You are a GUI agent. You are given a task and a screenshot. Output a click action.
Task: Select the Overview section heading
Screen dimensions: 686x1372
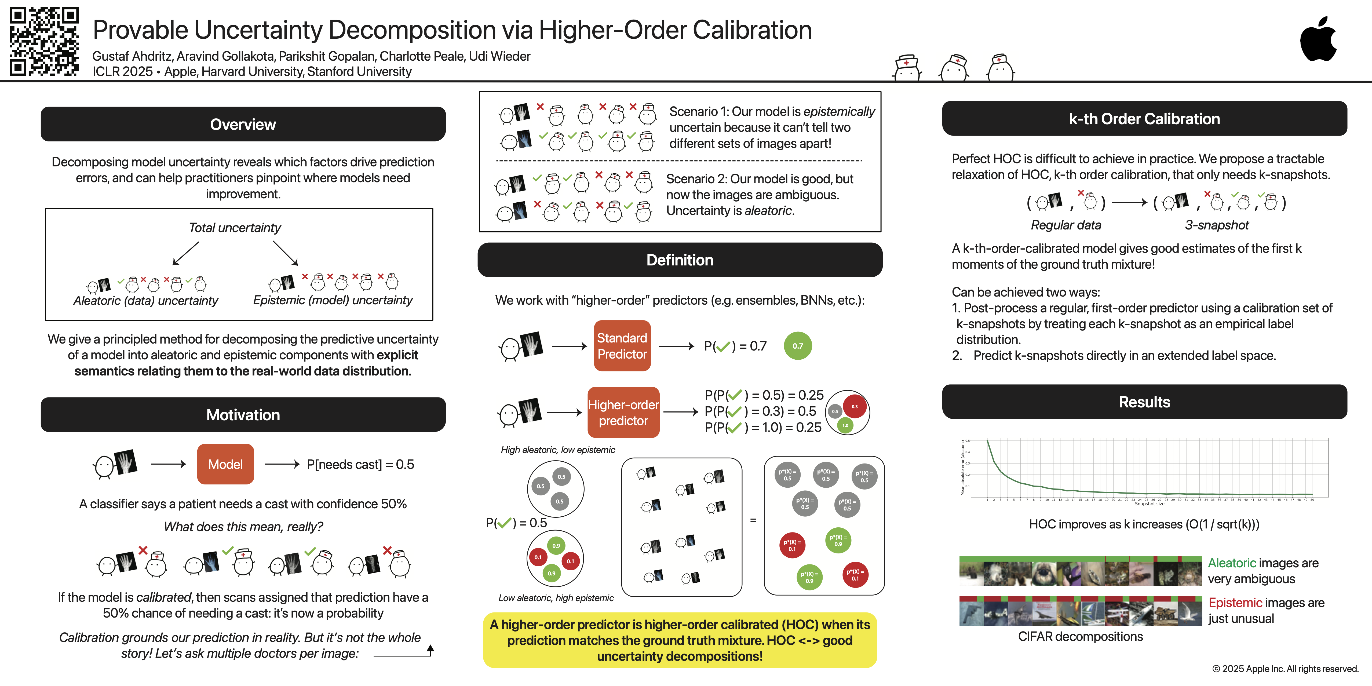click(x=243, y=124)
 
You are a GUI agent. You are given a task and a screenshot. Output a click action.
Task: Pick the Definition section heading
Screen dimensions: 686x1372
click(x=680, y=260)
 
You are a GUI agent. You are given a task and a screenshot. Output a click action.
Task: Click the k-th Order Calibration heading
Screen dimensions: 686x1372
click(x=1144, y=119)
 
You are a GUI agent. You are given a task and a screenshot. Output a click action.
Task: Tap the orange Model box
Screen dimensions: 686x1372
click(x=225, y=464)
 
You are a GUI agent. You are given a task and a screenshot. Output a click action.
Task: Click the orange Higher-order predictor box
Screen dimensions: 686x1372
click(x=623, y=412)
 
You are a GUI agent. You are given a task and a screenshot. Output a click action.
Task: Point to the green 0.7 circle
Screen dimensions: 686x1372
click(x=797, y=346)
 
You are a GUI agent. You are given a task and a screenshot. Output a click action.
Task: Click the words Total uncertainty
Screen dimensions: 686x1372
click(x=235, y=227)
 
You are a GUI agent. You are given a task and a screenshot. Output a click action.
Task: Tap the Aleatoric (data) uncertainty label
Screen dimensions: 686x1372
click(x=145, y=301)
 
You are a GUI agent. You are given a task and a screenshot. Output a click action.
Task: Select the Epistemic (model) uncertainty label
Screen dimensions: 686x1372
click(x=333, y=300)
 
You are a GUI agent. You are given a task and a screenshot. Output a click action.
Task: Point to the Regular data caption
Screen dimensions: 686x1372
click(x=1066, y=225)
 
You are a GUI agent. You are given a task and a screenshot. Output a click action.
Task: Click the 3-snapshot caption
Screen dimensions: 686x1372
click(x=1217, y=225)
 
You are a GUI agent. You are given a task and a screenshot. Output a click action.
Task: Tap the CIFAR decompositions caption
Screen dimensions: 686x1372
click(x=1080, y=636)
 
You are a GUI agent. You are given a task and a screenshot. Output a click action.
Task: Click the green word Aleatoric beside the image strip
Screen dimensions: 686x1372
click(x=1231, y=563)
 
